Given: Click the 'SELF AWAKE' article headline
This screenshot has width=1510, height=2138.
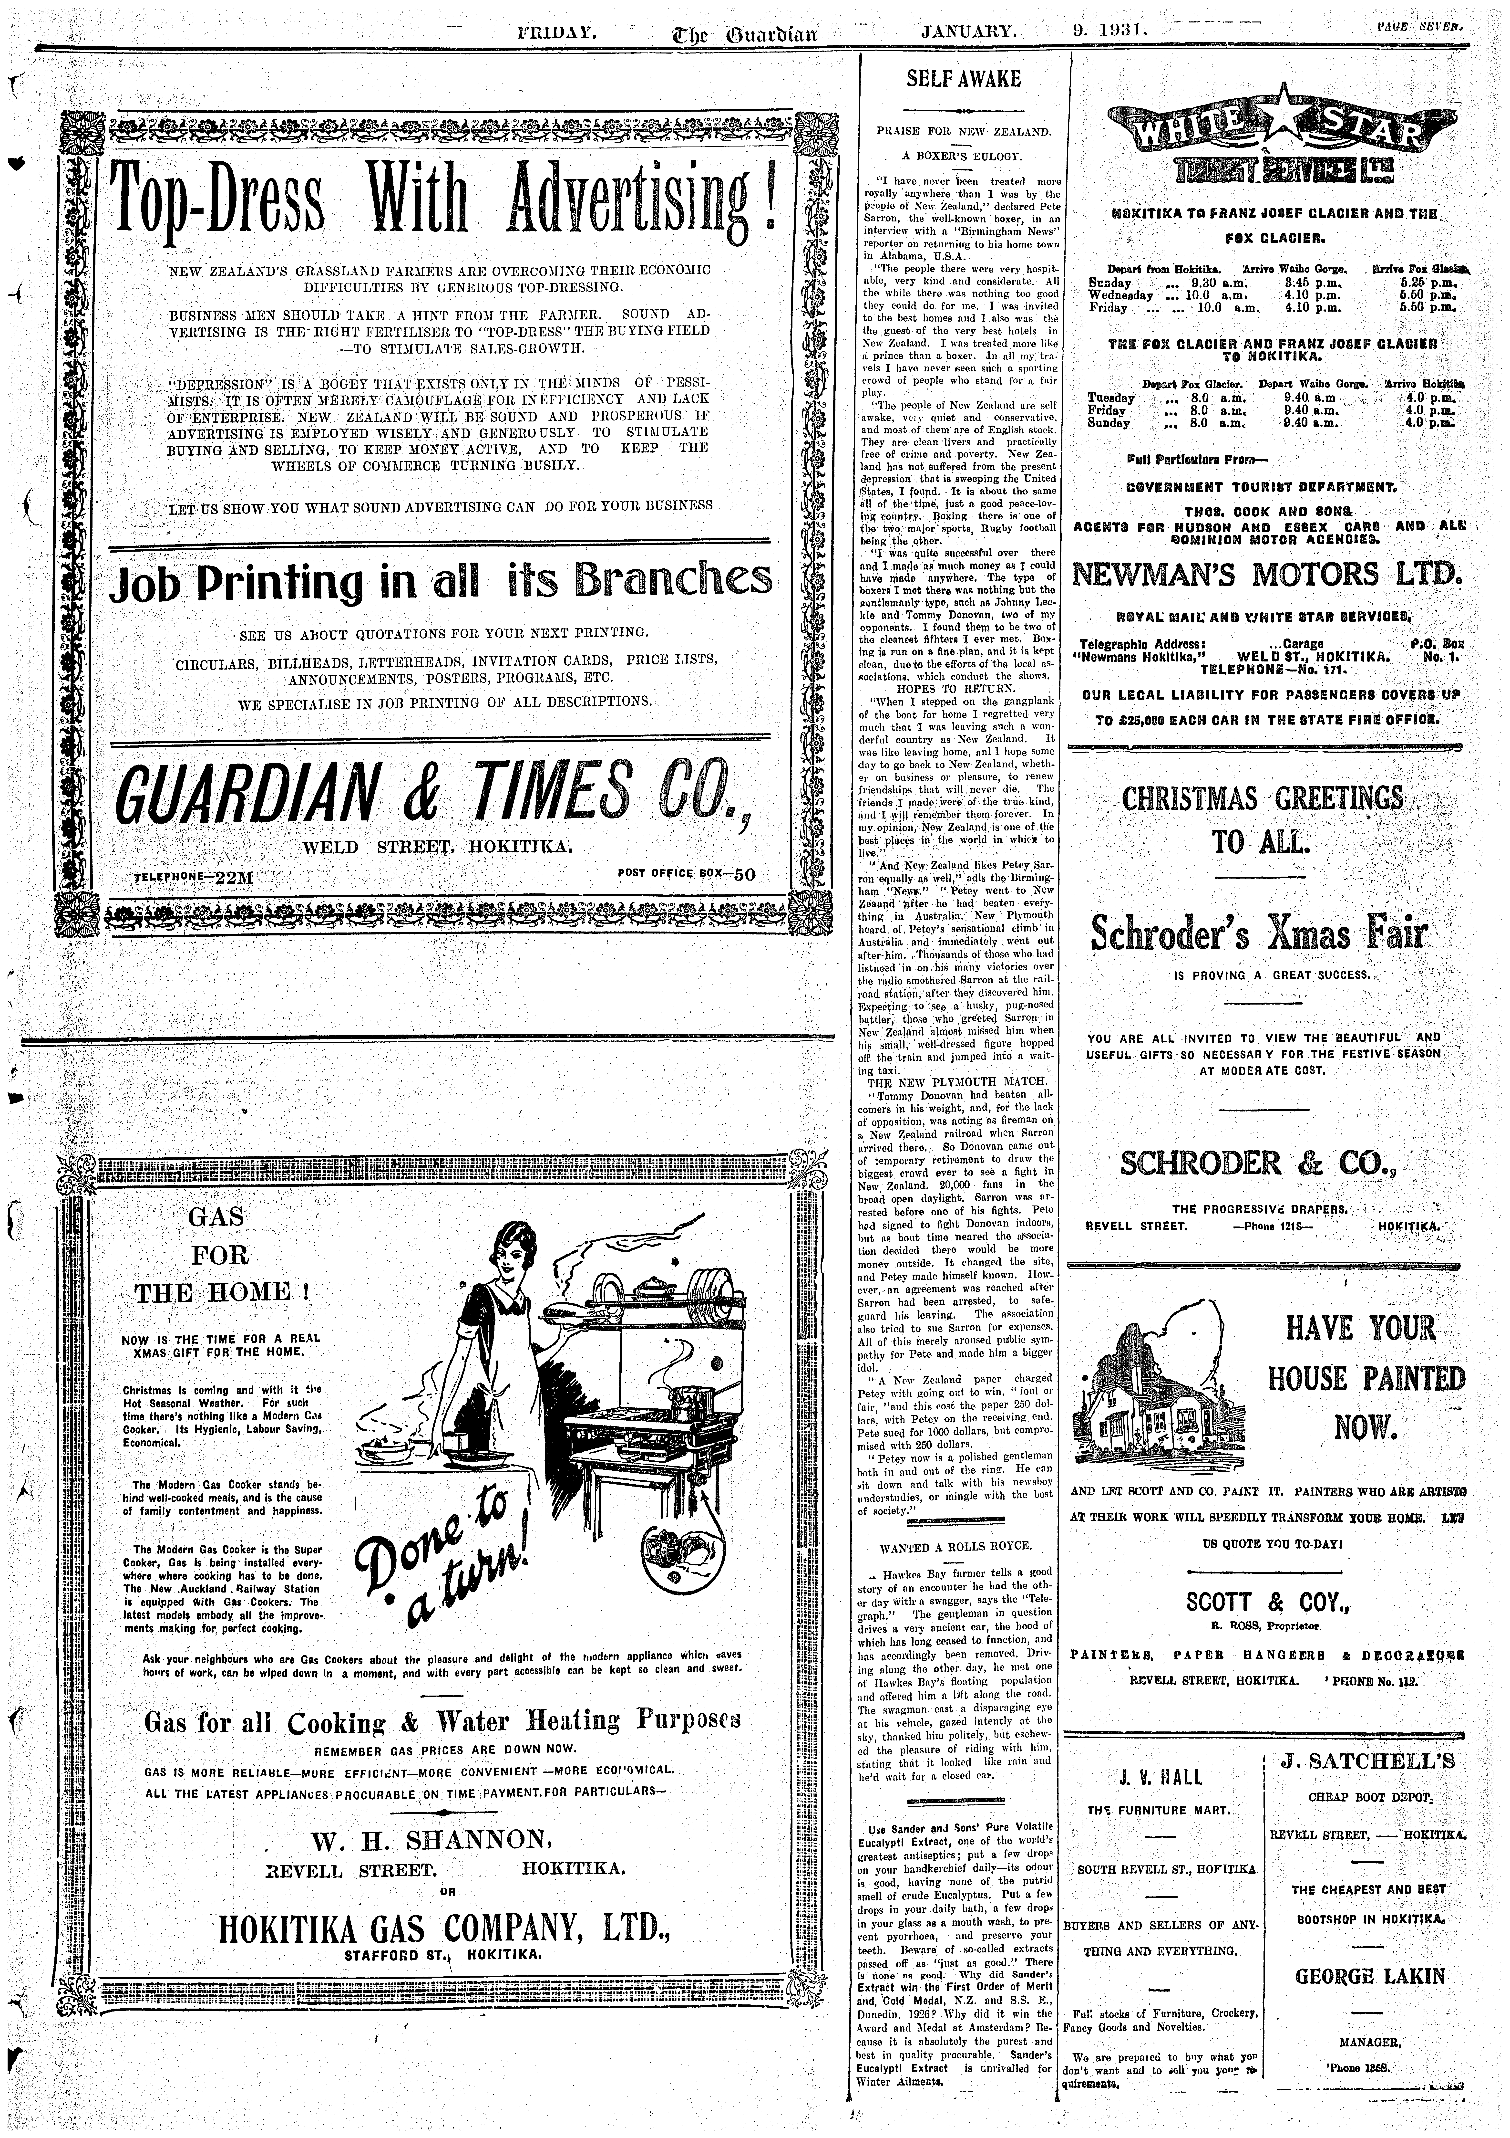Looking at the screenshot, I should click(x=964, y=79).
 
